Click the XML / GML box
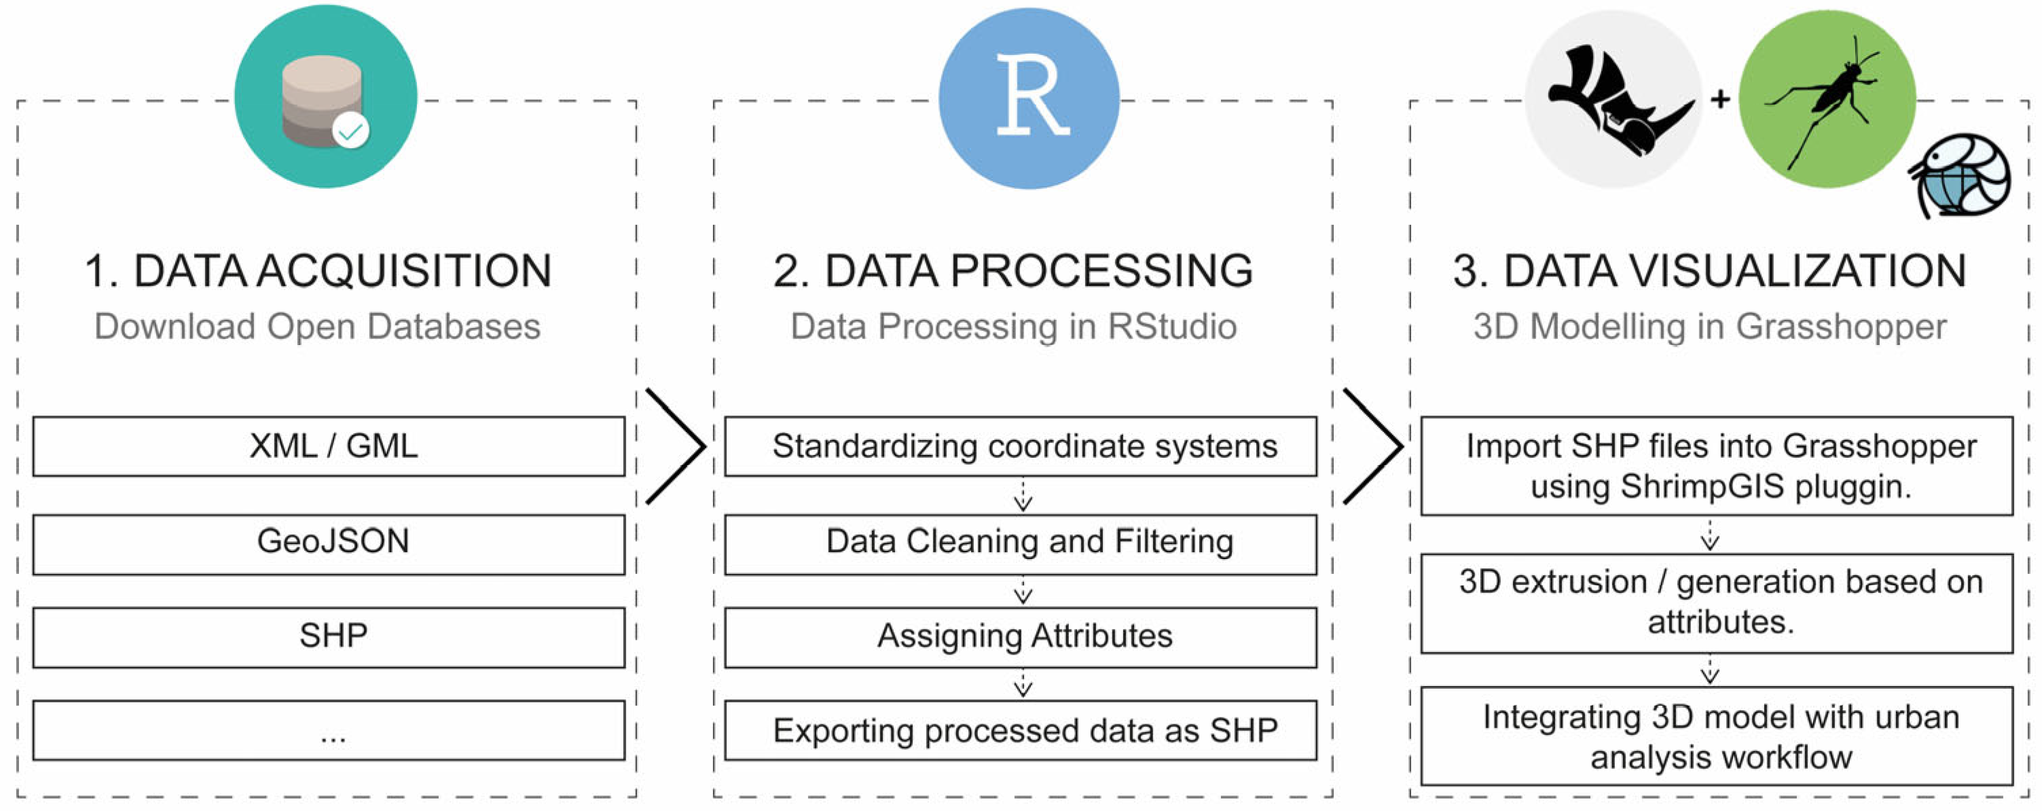click(328, 446)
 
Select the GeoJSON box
click(328, 544)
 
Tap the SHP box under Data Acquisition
click(328, 637)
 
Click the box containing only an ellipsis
click(328, 730)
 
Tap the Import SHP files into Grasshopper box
click(1716, 466)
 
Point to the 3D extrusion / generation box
click(1716, 603)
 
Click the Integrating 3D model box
click(1716, 736)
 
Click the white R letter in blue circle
click(1031, 96)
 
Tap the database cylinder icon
click(322, 101)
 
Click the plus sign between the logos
click(1720, 100)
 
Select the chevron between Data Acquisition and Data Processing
click(676, 446)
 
